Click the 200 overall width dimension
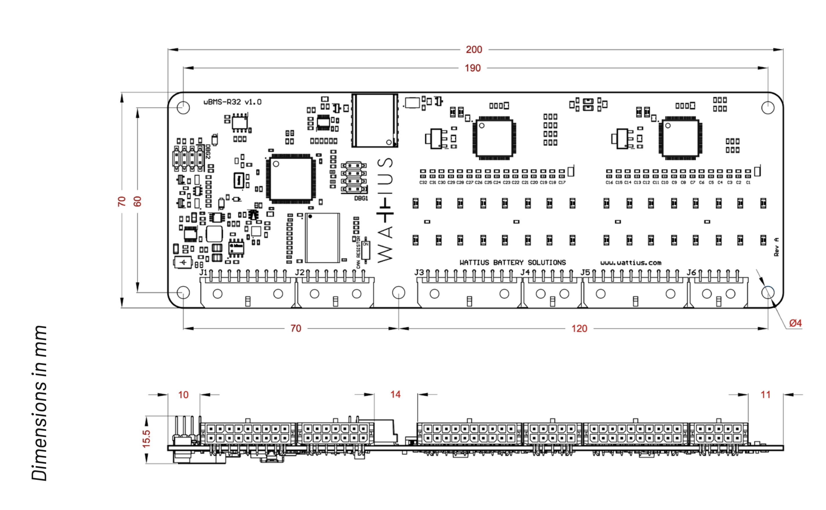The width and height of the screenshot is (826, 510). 474,50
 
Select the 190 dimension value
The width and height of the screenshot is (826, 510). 472,68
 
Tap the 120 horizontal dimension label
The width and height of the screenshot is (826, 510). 579,328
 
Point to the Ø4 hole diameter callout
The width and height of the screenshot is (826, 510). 795,323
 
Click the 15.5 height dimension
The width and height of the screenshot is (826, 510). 146,439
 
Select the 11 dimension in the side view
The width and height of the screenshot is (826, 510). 765,395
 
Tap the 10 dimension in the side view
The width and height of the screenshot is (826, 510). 183,395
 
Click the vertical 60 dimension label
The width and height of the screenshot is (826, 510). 137,201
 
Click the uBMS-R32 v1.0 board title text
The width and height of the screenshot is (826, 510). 232,102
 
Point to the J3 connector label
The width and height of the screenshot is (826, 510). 419,272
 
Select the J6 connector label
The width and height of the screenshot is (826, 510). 691,272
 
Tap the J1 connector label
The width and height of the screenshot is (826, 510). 203,272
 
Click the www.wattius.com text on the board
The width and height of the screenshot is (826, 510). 631,263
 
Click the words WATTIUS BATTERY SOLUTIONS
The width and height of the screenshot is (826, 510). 512,263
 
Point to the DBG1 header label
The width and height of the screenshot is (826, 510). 361,198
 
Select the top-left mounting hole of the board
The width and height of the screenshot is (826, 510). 183,108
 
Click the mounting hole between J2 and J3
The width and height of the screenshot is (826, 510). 399,292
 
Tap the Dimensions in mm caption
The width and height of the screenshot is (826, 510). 39,403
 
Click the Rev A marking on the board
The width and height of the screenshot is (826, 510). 776,247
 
